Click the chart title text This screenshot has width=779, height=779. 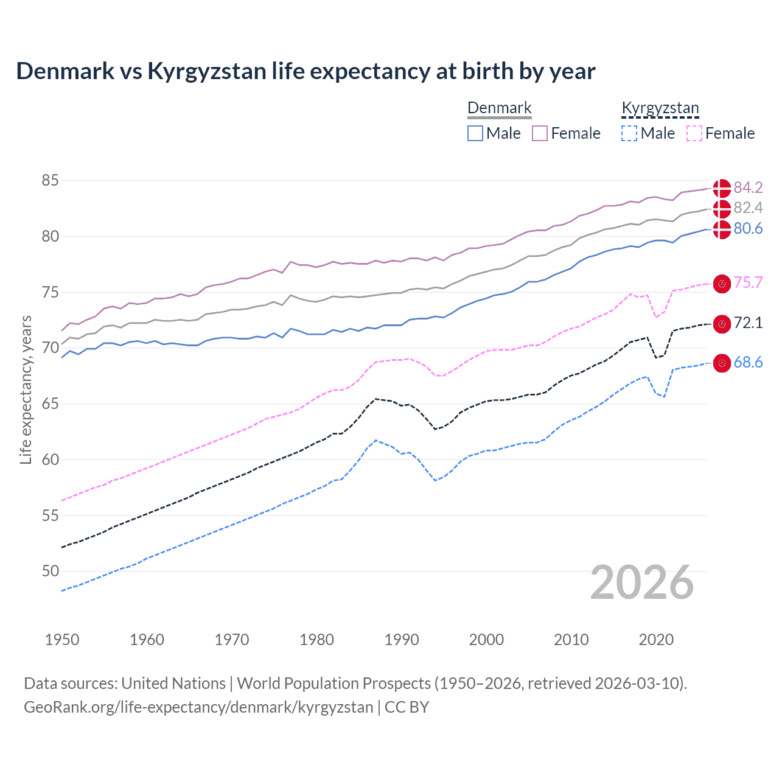(x=306, y=71)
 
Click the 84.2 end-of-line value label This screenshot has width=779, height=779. (x=748, y=187)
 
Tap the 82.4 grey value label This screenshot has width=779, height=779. (x=748, y=208)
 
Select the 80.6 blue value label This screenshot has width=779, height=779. (x=748, y=229)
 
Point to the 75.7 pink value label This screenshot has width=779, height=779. (x=748, y=283)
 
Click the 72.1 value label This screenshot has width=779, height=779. (x=748, y=323)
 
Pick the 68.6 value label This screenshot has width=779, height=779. (x=748, y=363)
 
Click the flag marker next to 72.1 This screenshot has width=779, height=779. (x=722, y=324)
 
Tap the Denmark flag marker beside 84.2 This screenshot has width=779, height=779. (x=722, y=188)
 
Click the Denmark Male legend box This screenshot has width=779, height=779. (x=475, y=133)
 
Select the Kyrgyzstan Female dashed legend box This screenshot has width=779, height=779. (x=694, y=133)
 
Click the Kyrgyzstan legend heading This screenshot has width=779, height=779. (x=660, y=108)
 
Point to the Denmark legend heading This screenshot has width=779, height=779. (x=500, y=108)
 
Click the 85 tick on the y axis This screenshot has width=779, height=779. (x=51, y=181)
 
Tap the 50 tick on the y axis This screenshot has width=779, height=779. (x=51, y=571)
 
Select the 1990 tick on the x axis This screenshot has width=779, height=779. (x=402, y=640)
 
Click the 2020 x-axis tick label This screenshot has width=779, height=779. (x=656, y=640)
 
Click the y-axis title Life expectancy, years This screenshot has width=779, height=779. (x=26, y=389)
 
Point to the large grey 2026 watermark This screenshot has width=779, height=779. (x=642, y=582)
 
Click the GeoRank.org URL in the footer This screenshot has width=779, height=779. (x=198, y=707)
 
